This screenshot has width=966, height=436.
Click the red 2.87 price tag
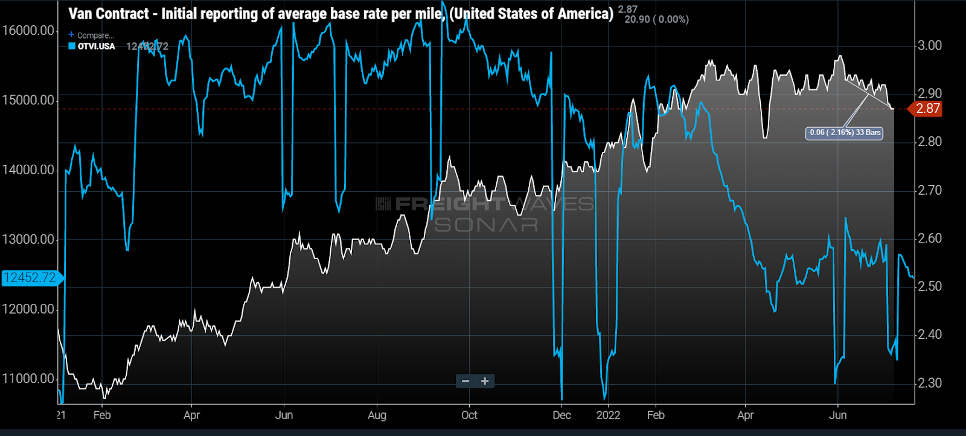point(927,109)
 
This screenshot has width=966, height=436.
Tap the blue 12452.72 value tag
point(30,278)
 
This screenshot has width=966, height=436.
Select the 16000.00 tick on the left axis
point(28,31)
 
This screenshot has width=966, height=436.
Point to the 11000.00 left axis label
point(28,379)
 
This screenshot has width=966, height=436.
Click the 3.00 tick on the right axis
point(929,46)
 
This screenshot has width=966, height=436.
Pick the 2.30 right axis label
point(929,383)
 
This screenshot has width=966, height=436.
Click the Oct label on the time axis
point(469,415)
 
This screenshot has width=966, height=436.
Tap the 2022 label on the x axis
point(608,415)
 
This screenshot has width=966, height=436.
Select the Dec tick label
point(561,415)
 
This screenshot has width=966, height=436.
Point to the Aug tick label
point(377,415)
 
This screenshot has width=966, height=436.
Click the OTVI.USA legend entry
point(95,46)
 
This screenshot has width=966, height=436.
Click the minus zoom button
point(465,381)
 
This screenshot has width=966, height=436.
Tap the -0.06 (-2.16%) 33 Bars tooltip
point(844,133)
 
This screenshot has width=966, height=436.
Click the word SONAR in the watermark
point(486,225)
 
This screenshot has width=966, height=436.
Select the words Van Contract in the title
point(109,14)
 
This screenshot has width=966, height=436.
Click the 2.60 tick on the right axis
point(929,238)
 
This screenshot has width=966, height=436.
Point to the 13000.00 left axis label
point(28,239)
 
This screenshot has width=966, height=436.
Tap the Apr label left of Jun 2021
point(191,415)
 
